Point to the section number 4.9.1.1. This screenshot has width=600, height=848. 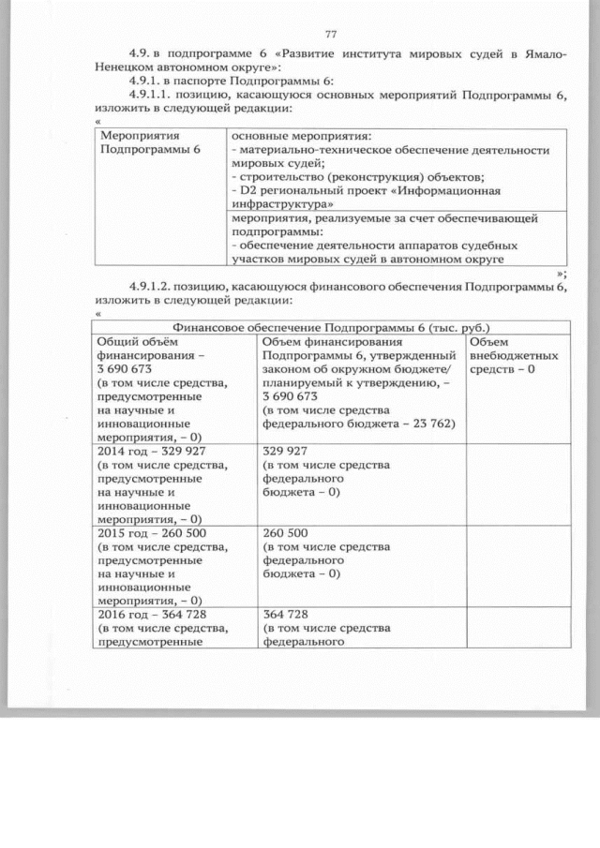tap(155, 96)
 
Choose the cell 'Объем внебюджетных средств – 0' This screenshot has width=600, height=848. tap(513, 356)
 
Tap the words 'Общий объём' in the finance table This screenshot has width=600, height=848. tap(132, 342)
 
